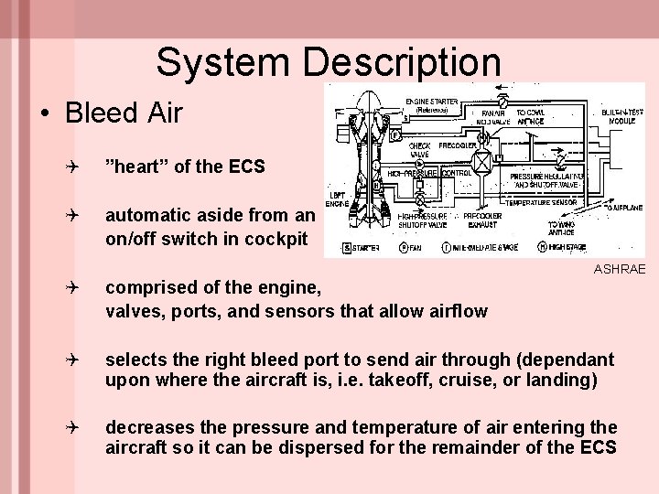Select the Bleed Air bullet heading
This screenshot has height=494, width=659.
pos(124,113)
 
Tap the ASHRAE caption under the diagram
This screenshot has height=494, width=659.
pos(620,269)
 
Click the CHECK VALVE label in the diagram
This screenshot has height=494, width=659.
pos(419,150)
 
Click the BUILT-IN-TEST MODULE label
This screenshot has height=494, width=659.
pos(621,117)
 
